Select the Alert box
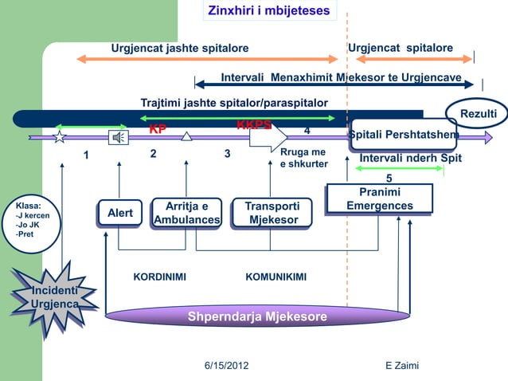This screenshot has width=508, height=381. [x=120, y=213]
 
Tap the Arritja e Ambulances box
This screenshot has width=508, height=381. [x=187, y=213]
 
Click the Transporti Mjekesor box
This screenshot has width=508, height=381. [x=272, y=213]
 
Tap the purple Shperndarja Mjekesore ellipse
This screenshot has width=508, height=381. [x=256, y=316]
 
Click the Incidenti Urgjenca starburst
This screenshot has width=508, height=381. [x=54, y=297]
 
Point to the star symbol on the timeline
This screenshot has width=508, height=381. [x=60, y=137]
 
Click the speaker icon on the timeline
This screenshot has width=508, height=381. [x=118, y=137]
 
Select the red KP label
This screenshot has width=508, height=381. [x=158, y=129]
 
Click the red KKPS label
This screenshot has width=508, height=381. [x=254, y=124]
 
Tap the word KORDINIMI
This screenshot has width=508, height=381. [x=159, y=277]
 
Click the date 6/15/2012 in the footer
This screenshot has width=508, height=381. [x=226, y=365]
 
